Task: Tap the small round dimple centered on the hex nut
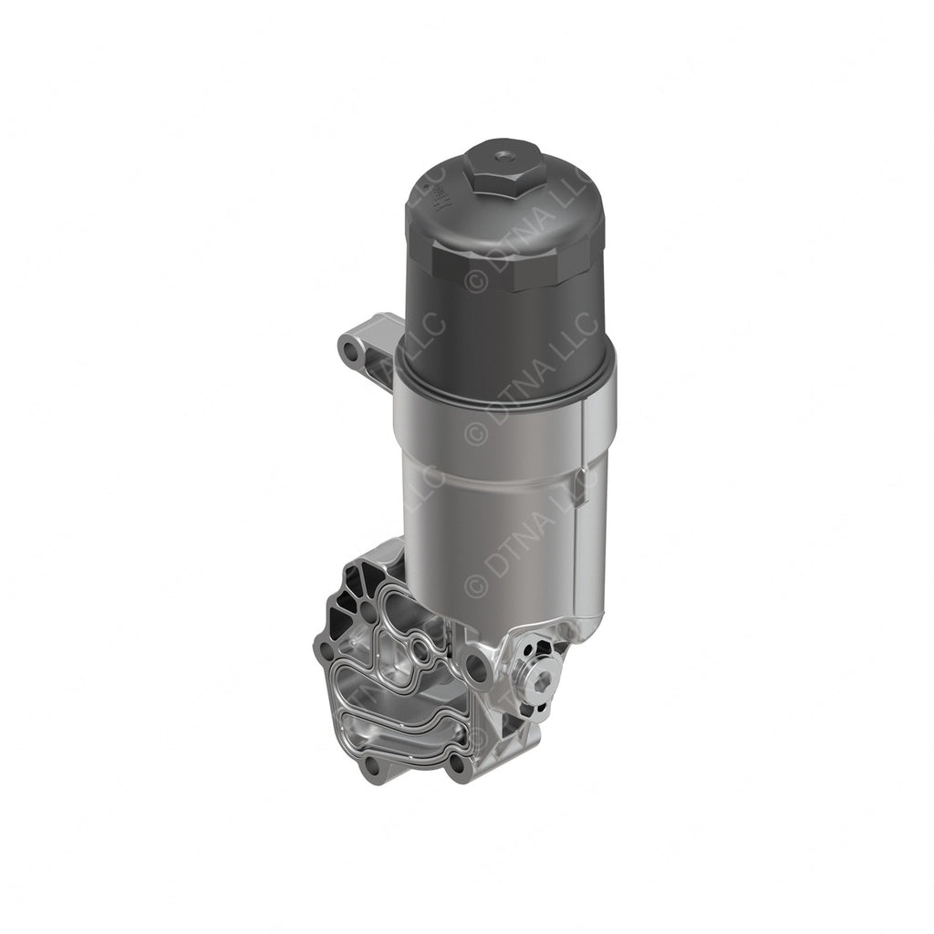tap(500, 158)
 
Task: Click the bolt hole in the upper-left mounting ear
tap(348, 347)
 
